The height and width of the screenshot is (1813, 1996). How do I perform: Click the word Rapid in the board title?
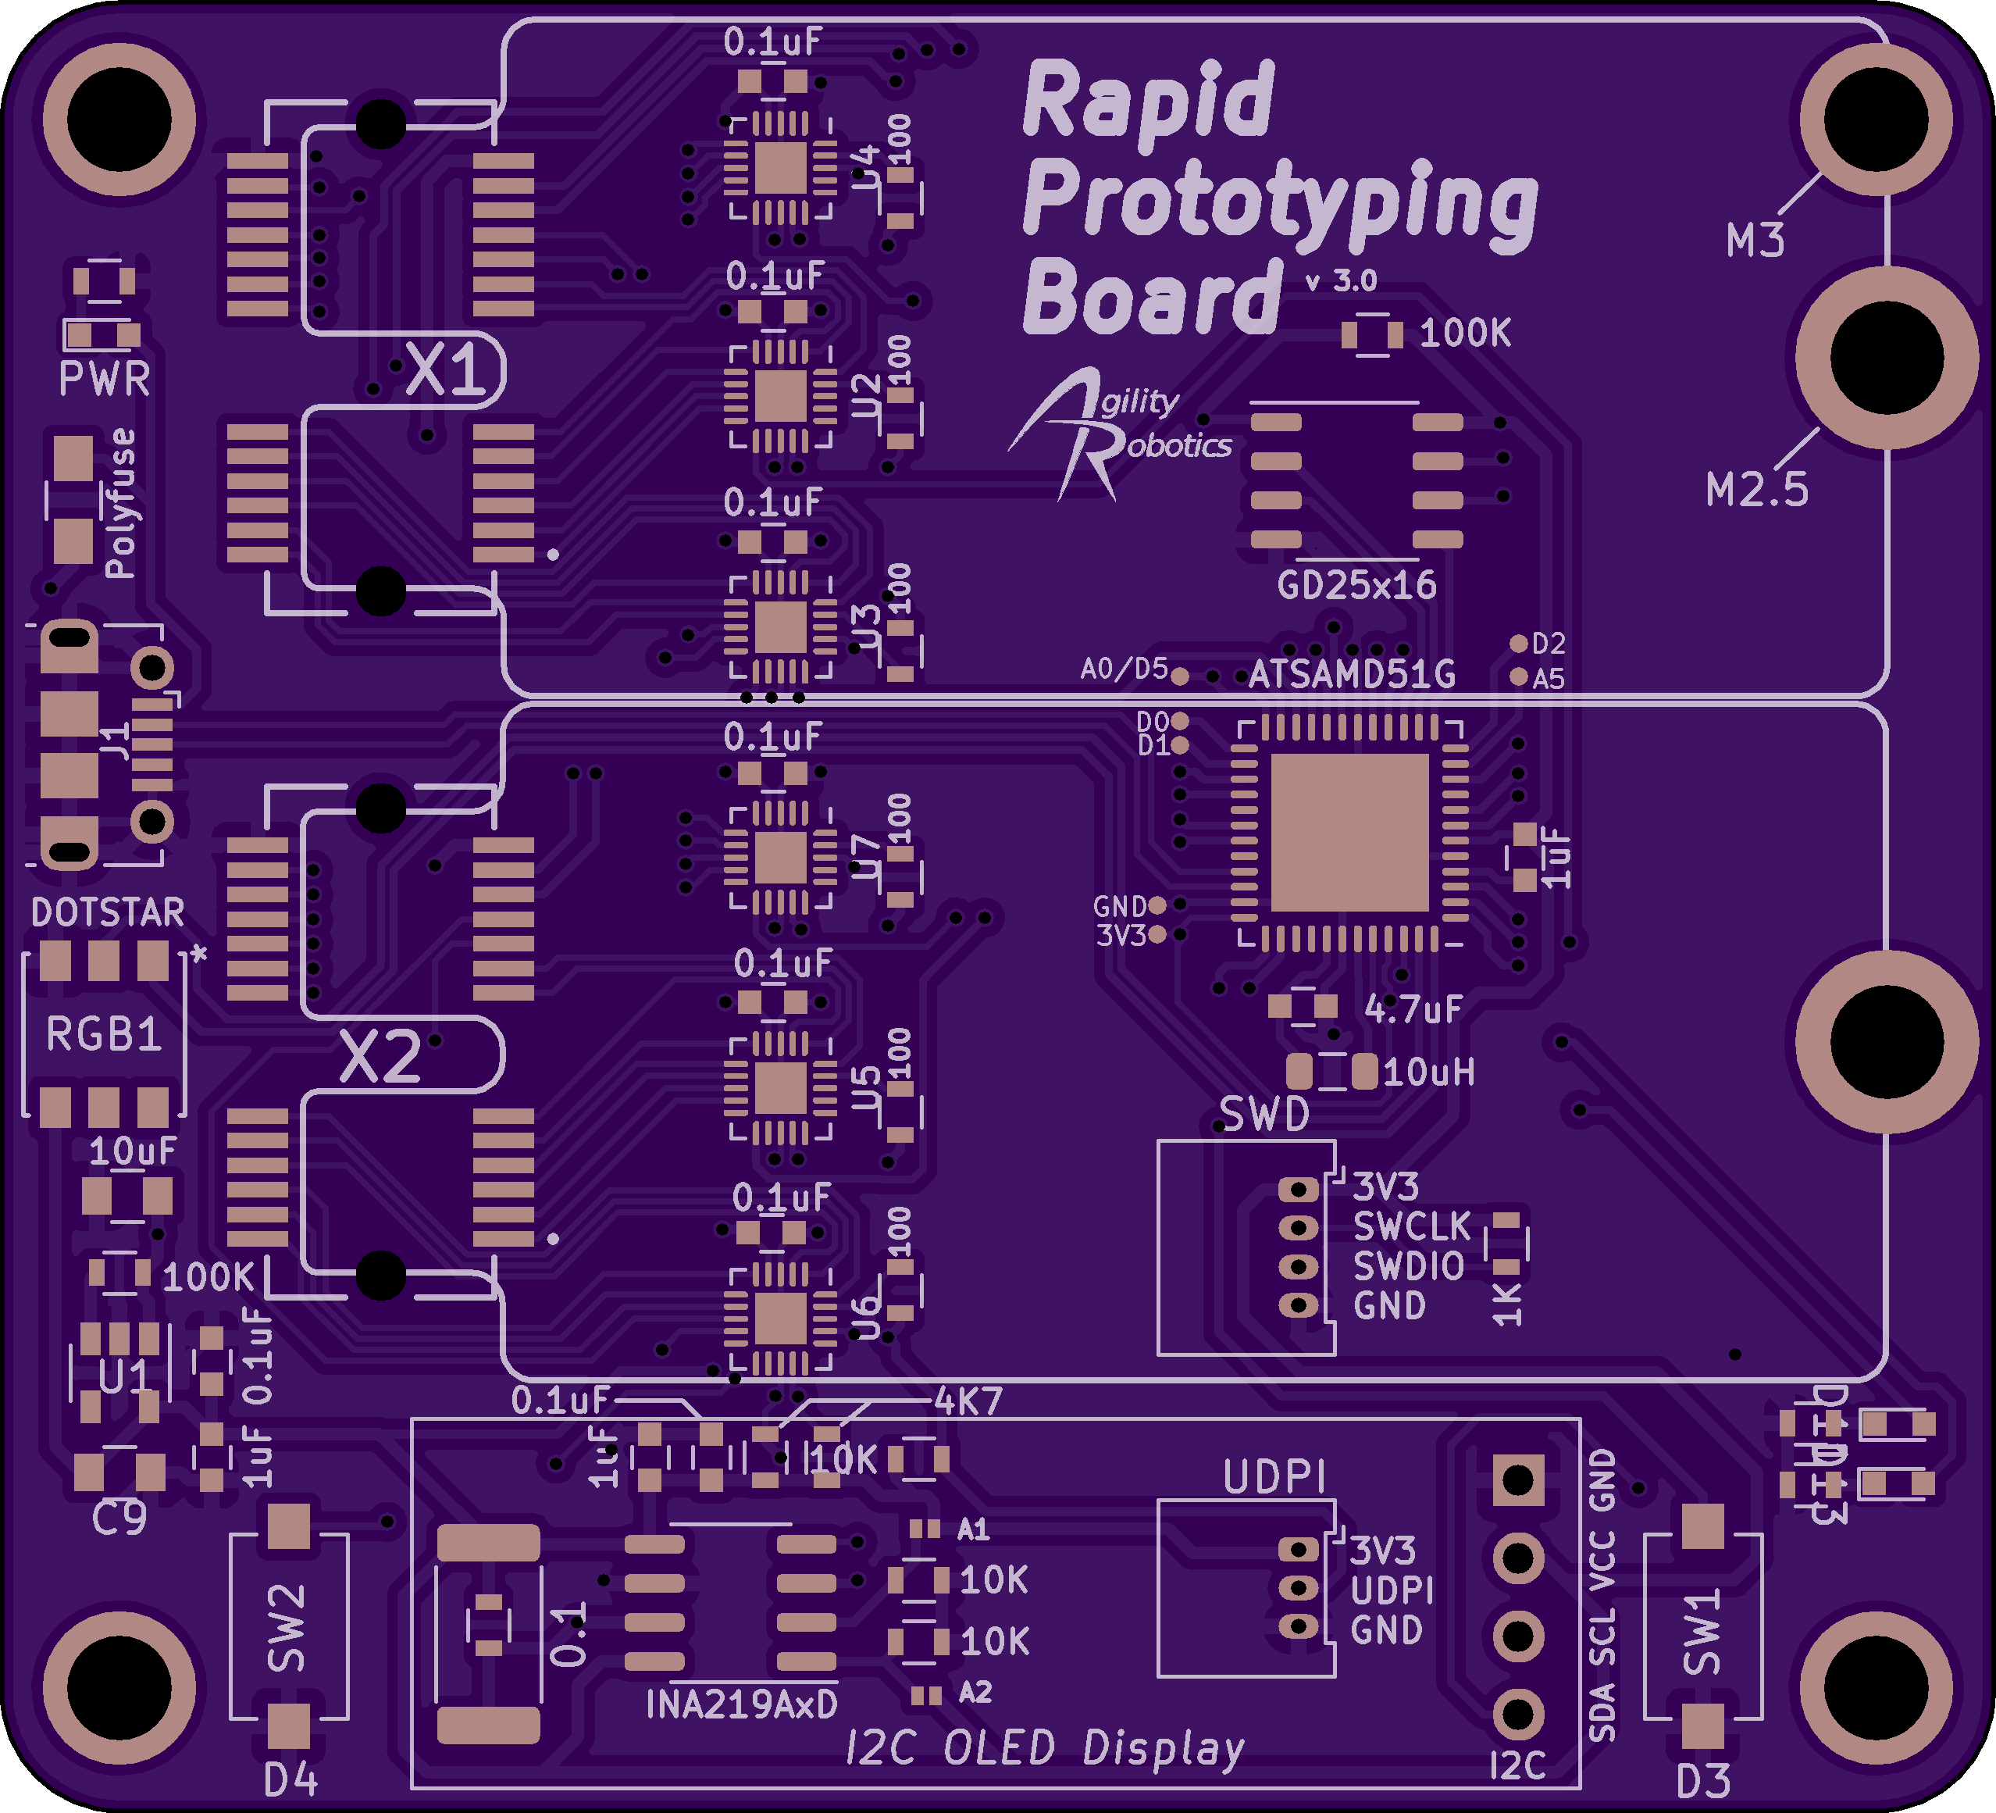point(1149,101)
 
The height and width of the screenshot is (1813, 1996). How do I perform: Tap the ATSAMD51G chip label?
point(1352,676)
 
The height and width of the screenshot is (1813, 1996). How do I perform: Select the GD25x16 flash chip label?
point(1356,586)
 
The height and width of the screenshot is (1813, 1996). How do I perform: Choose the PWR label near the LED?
point(104,379)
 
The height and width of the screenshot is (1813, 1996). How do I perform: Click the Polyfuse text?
point(121,503)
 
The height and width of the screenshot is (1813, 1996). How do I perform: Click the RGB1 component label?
point(104,1036)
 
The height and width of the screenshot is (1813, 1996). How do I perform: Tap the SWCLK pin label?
point(1412,1228)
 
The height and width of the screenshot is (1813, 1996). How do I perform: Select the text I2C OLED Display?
point(1045,1750)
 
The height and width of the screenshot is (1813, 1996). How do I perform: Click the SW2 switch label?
point(287,1629)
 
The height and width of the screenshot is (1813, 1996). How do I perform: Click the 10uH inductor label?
point(1427,1072)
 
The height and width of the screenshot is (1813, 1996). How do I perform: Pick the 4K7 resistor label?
point(968,1402)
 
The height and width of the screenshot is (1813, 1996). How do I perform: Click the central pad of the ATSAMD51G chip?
point(1349,833)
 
